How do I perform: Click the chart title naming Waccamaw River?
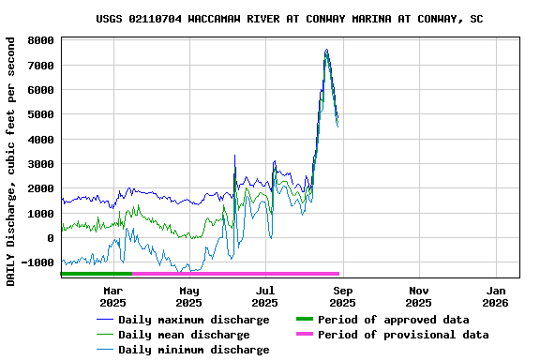coord(290,19)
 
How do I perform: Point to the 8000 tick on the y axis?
coord(39,41)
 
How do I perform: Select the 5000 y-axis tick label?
coord(39,115)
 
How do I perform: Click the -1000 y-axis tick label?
coord(37,263)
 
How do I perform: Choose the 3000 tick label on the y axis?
coord(39,164)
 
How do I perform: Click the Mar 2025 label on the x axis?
coord(112,297)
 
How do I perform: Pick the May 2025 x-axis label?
coord(188,297)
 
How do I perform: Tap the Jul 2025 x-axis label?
coord(265,297)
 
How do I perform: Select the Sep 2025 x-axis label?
coord(342,297)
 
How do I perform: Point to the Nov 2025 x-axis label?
coord(419,297)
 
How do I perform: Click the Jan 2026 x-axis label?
coord(495,297)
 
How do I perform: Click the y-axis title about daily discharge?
coord(10,161)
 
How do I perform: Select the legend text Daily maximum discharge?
coord(193,320)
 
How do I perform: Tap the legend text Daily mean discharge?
coord(184,335)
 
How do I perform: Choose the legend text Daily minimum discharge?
coord(193,350)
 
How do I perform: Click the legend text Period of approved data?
coord(393,320)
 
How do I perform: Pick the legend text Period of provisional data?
coord(403,335)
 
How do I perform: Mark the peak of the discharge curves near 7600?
coord(326,51)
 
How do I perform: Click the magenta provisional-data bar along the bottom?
coord(234,274)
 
